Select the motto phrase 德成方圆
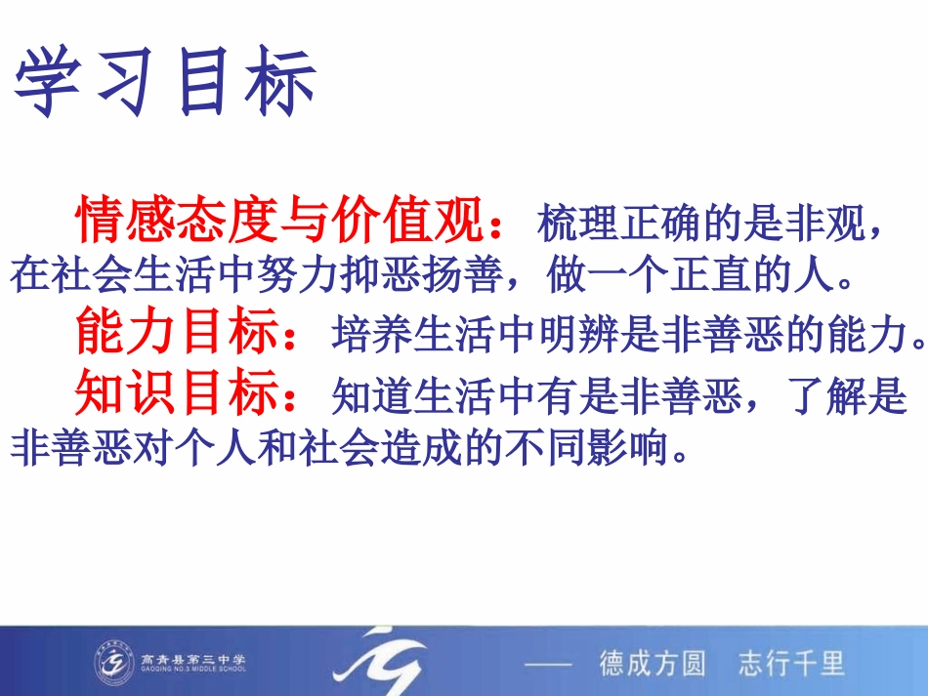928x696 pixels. [652, 664]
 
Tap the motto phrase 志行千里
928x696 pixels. [791, 664]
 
